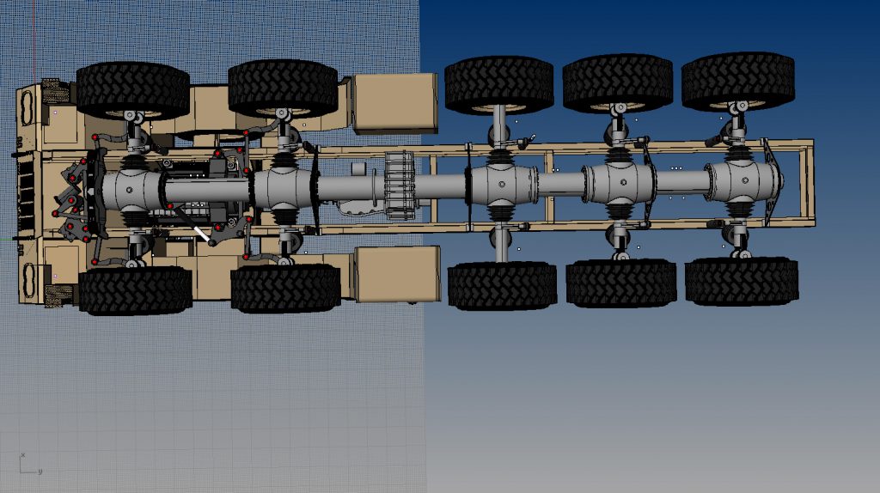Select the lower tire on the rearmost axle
741,282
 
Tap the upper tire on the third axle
498,84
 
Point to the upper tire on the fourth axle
617,83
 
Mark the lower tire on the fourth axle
620,283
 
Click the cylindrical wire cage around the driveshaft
401,185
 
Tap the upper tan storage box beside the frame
396,101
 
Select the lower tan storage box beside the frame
398,274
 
